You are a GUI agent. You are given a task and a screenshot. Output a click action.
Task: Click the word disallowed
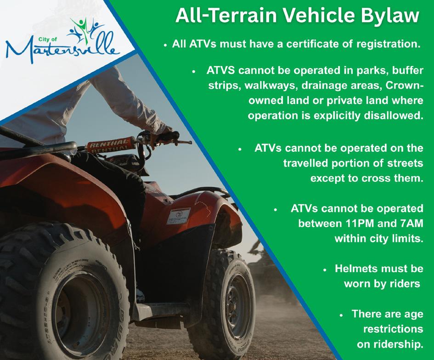394,115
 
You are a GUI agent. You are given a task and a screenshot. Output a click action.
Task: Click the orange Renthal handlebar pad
109,145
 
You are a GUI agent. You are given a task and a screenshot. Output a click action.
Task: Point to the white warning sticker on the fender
179,216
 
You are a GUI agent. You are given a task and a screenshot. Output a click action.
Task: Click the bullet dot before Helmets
326,269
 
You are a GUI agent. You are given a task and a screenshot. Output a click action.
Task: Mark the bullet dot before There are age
342,315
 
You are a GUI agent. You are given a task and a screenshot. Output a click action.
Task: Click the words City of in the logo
48,39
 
